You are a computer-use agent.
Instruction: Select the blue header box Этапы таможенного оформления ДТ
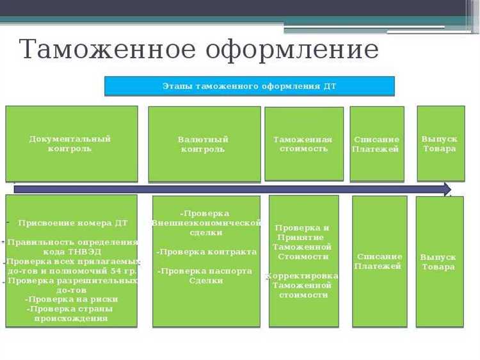[249, 86]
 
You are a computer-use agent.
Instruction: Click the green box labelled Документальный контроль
[71, 143]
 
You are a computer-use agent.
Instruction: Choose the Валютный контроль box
[204, 144]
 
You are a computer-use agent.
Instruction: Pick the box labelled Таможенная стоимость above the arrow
[303, 144]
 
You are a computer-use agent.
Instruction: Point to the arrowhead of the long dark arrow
[446, 189]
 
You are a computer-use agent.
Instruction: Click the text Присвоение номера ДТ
[73, 223]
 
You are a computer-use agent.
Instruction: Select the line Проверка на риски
[72, 299]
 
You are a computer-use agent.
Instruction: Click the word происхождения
[71, 318]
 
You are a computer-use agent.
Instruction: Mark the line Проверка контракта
[207, 252]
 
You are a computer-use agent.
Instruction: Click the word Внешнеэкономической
[207, 223]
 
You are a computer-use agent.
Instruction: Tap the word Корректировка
[303, 276]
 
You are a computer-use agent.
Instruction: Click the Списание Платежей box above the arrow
[376, 144]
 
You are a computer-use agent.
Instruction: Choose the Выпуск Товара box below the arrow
[438, 261]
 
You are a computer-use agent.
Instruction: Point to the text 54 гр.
[126, 271]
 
